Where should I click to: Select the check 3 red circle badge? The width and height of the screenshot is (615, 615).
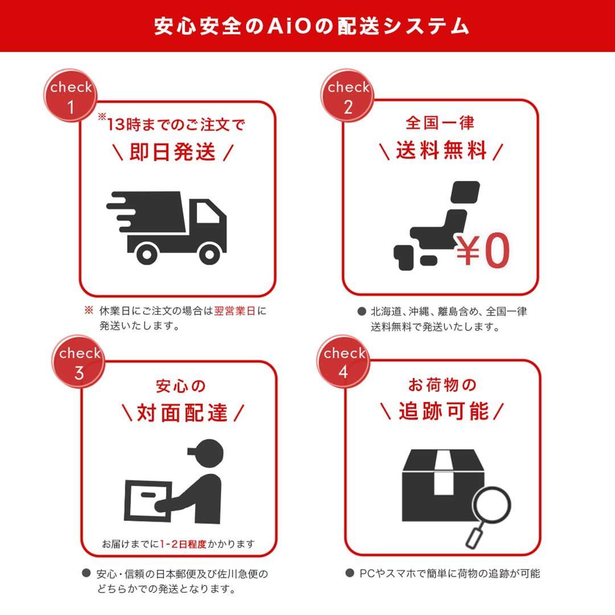point(79,362)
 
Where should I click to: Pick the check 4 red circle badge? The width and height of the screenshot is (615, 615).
point(344,362)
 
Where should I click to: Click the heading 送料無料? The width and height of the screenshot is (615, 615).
point(441,151)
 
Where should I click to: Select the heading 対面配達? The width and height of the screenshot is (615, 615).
point(182,413)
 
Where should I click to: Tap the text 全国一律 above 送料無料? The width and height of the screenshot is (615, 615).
point(440,122)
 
